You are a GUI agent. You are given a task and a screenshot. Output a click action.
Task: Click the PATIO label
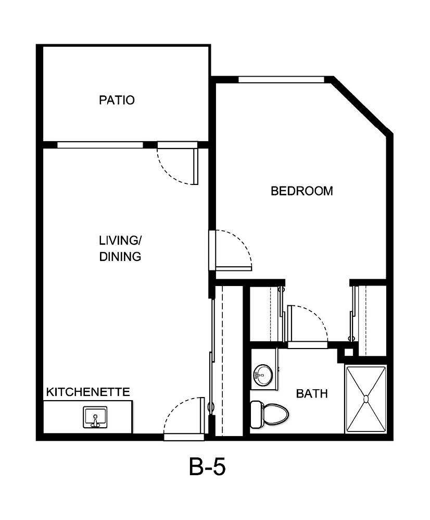[x=117, y=100]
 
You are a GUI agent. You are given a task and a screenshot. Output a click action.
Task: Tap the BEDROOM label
[x=301, y=191]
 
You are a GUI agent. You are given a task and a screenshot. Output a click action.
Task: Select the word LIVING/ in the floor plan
[x=120, y=240]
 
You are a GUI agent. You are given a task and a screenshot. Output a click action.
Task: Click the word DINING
[x=120, y=256]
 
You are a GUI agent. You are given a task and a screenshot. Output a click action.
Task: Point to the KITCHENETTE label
[x=88, y=392]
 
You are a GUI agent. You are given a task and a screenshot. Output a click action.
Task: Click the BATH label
[x=312, y=393]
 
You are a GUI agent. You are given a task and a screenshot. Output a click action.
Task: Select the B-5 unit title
[x=207, y=467]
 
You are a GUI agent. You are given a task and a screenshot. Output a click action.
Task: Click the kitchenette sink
[x=95, y=417]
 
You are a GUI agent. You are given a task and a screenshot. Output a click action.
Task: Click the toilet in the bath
[x=273, y=414]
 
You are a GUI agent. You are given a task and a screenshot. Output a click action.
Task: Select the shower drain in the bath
[x=365, y=399]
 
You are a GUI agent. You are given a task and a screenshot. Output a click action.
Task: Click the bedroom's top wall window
[x=281, y=80]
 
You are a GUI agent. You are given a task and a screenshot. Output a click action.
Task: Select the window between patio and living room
[x=99, y=145]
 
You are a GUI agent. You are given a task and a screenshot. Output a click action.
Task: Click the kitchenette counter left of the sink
[x=62, y=417]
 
